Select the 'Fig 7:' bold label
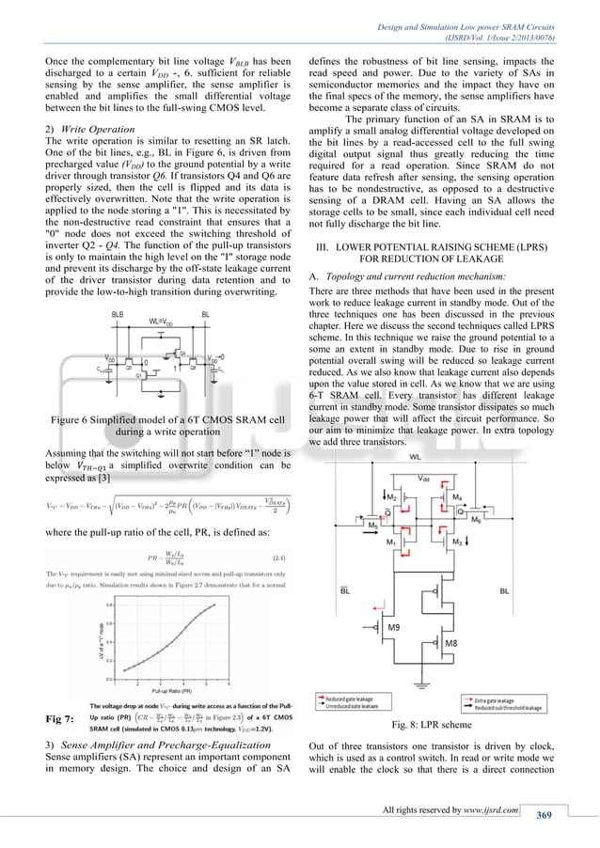[x=60, y=719]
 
